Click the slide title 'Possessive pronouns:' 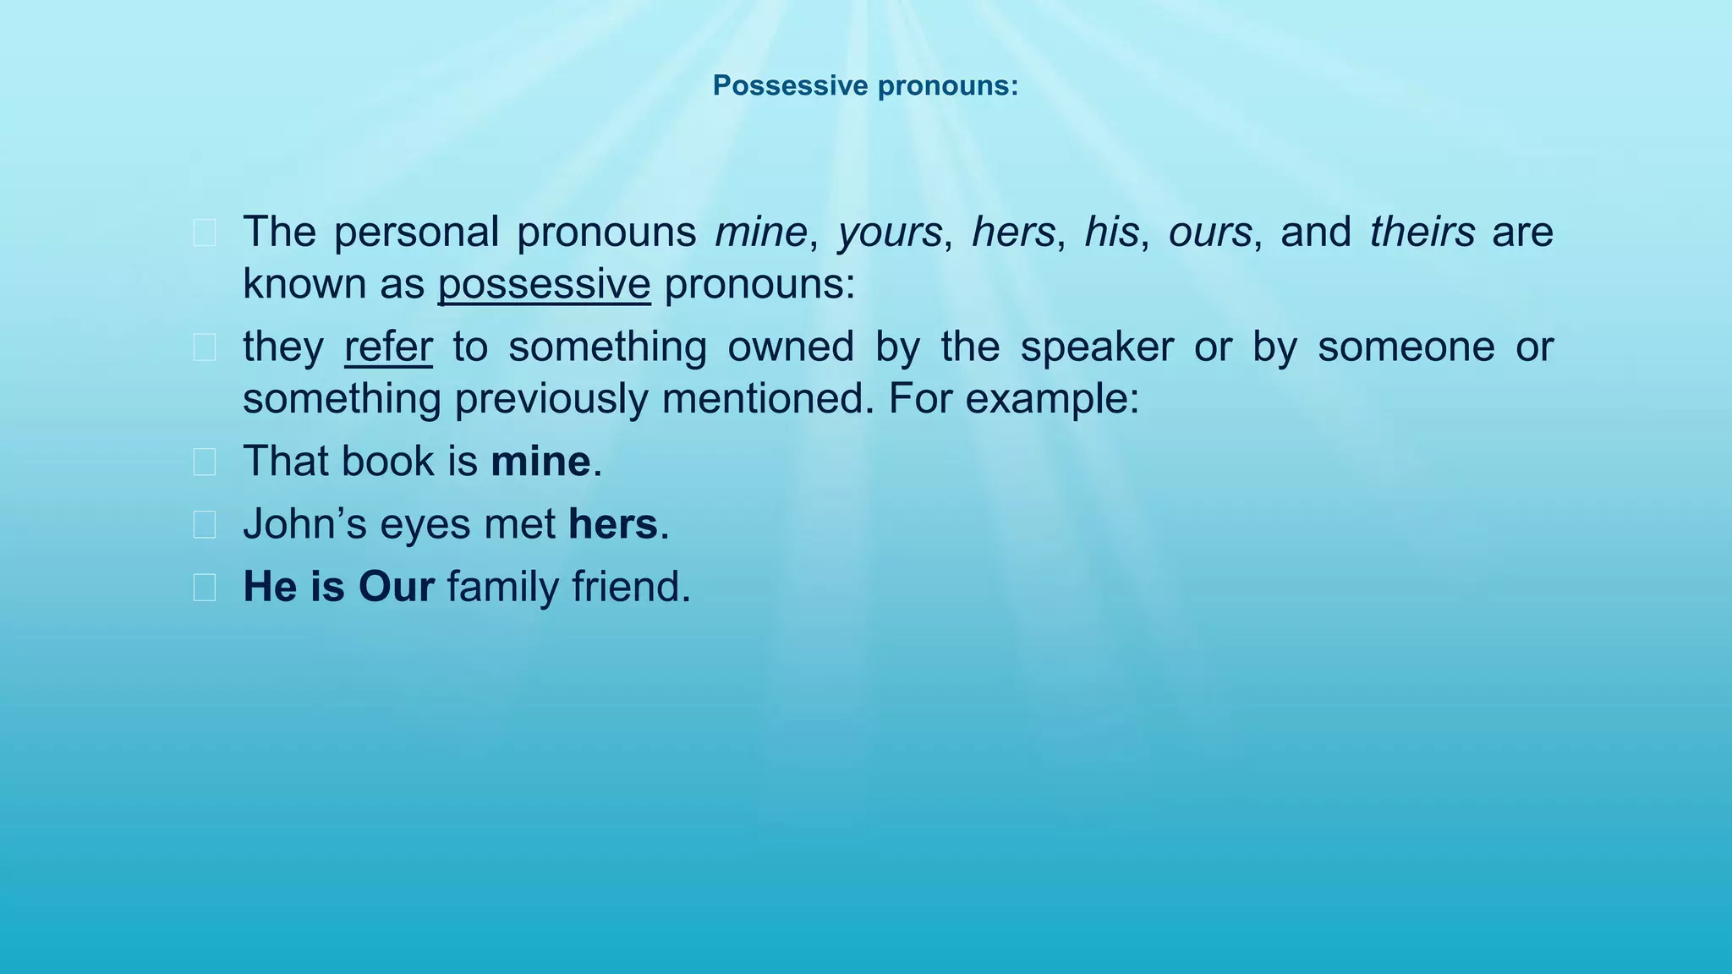pyautogui.click(x=865, y=85)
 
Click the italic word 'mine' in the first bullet pyautogui.click(x=760, y=232)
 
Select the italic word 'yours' pyautogui.click(x=890, y=232)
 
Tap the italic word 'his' pyautogui.click(x=1111, y=232)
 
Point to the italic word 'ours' pyautogui.click(x=1209, y=232)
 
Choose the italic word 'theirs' pyautogui.click(x=1422, y=232)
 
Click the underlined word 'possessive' pyautogui.click(x=544, y=284)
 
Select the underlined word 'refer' pyautogui.click(x=388, y=347)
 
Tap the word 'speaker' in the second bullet pyautogui.click(x=1097, y=347)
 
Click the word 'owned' pyautogui.click(x=791, y=347)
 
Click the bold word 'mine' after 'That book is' pyautogui.click(x=540, y=462)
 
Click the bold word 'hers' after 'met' pyautogui.click(x=613, y=524)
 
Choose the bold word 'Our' pyautogui.click(x=396, y=587)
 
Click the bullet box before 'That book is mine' pyautogui.click(x=205, y=462)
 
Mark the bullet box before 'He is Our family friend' pyautogui.click(x=205, y=588)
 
